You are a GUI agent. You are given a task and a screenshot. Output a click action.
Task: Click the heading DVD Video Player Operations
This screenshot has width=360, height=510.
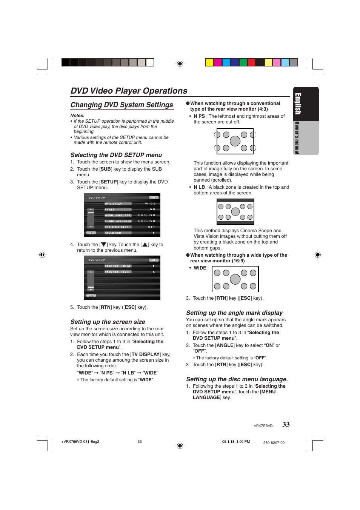pyautogui.click(x=129, y=91)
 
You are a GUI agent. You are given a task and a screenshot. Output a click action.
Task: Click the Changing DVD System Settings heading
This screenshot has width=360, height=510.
pyautogui.click(x=122, y=105)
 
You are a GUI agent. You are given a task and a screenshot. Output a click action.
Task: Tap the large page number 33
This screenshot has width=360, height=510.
pyautogui.click(x=286, y=425)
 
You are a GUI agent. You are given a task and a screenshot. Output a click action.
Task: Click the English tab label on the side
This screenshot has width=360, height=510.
pyautogui.click(x=298, y=104)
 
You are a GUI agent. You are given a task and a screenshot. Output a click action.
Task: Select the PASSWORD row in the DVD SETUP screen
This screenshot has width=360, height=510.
pyautogui.click(x=113, y=233)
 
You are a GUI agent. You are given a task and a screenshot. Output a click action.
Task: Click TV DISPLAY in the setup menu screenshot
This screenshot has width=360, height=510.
pyautogui.click(x=113, y=203)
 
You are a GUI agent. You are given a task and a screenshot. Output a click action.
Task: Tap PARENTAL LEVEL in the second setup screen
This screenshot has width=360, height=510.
pyautogui.click(x=117, y=272)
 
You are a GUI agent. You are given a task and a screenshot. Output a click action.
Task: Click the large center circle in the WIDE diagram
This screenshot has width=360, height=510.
pyautogui.click(x=235, y=279)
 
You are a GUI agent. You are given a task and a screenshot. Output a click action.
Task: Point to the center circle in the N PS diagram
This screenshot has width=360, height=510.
pyautogui.click(x=235, y=141)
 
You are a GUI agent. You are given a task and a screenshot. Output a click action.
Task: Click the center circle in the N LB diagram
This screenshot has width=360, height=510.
pyautogui.click(x=235, y=212)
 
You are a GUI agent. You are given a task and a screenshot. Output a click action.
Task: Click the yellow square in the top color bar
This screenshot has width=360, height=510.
pyautogui.click(x=209, y=62)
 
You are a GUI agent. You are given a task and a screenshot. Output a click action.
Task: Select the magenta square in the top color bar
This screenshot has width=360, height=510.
pyautogui.click(x=218, y=62)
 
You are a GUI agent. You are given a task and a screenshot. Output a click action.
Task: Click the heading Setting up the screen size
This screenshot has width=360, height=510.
pyautogui.click(x=108, y=322)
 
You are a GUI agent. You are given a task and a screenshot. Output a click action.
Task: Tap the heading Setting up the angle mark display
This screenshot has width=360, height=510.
pyautogui.click(x=234, y=313)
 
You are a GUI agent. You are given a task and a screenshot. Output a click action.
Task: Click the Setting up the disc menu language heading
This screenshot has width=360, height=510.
pyautogui.click(x=237, y=379)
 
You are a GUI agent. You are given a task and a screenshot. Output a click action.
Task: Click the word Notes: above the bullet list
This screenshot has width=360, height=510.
pyautogui.click(x=77, y=116)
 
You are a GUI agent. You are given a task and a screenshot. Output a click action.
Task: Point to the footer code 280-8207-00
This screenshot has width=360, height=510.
pyautogui.click(x=274, y=443)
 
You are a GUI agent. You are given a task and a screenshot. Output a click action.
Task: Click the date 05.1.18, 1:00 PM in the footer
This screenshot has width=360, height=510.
pyautogui.click(x=236, y=442)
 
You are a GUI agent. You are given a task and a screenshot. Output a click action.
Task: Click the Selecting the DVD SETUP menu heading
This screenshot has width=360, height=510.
pyautogui.click(x=116, y=155)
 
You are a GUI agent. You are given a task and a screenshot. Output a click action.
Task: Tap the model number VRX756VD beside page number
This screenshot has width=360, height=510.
pyautogui.click(x=263, y=426)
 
